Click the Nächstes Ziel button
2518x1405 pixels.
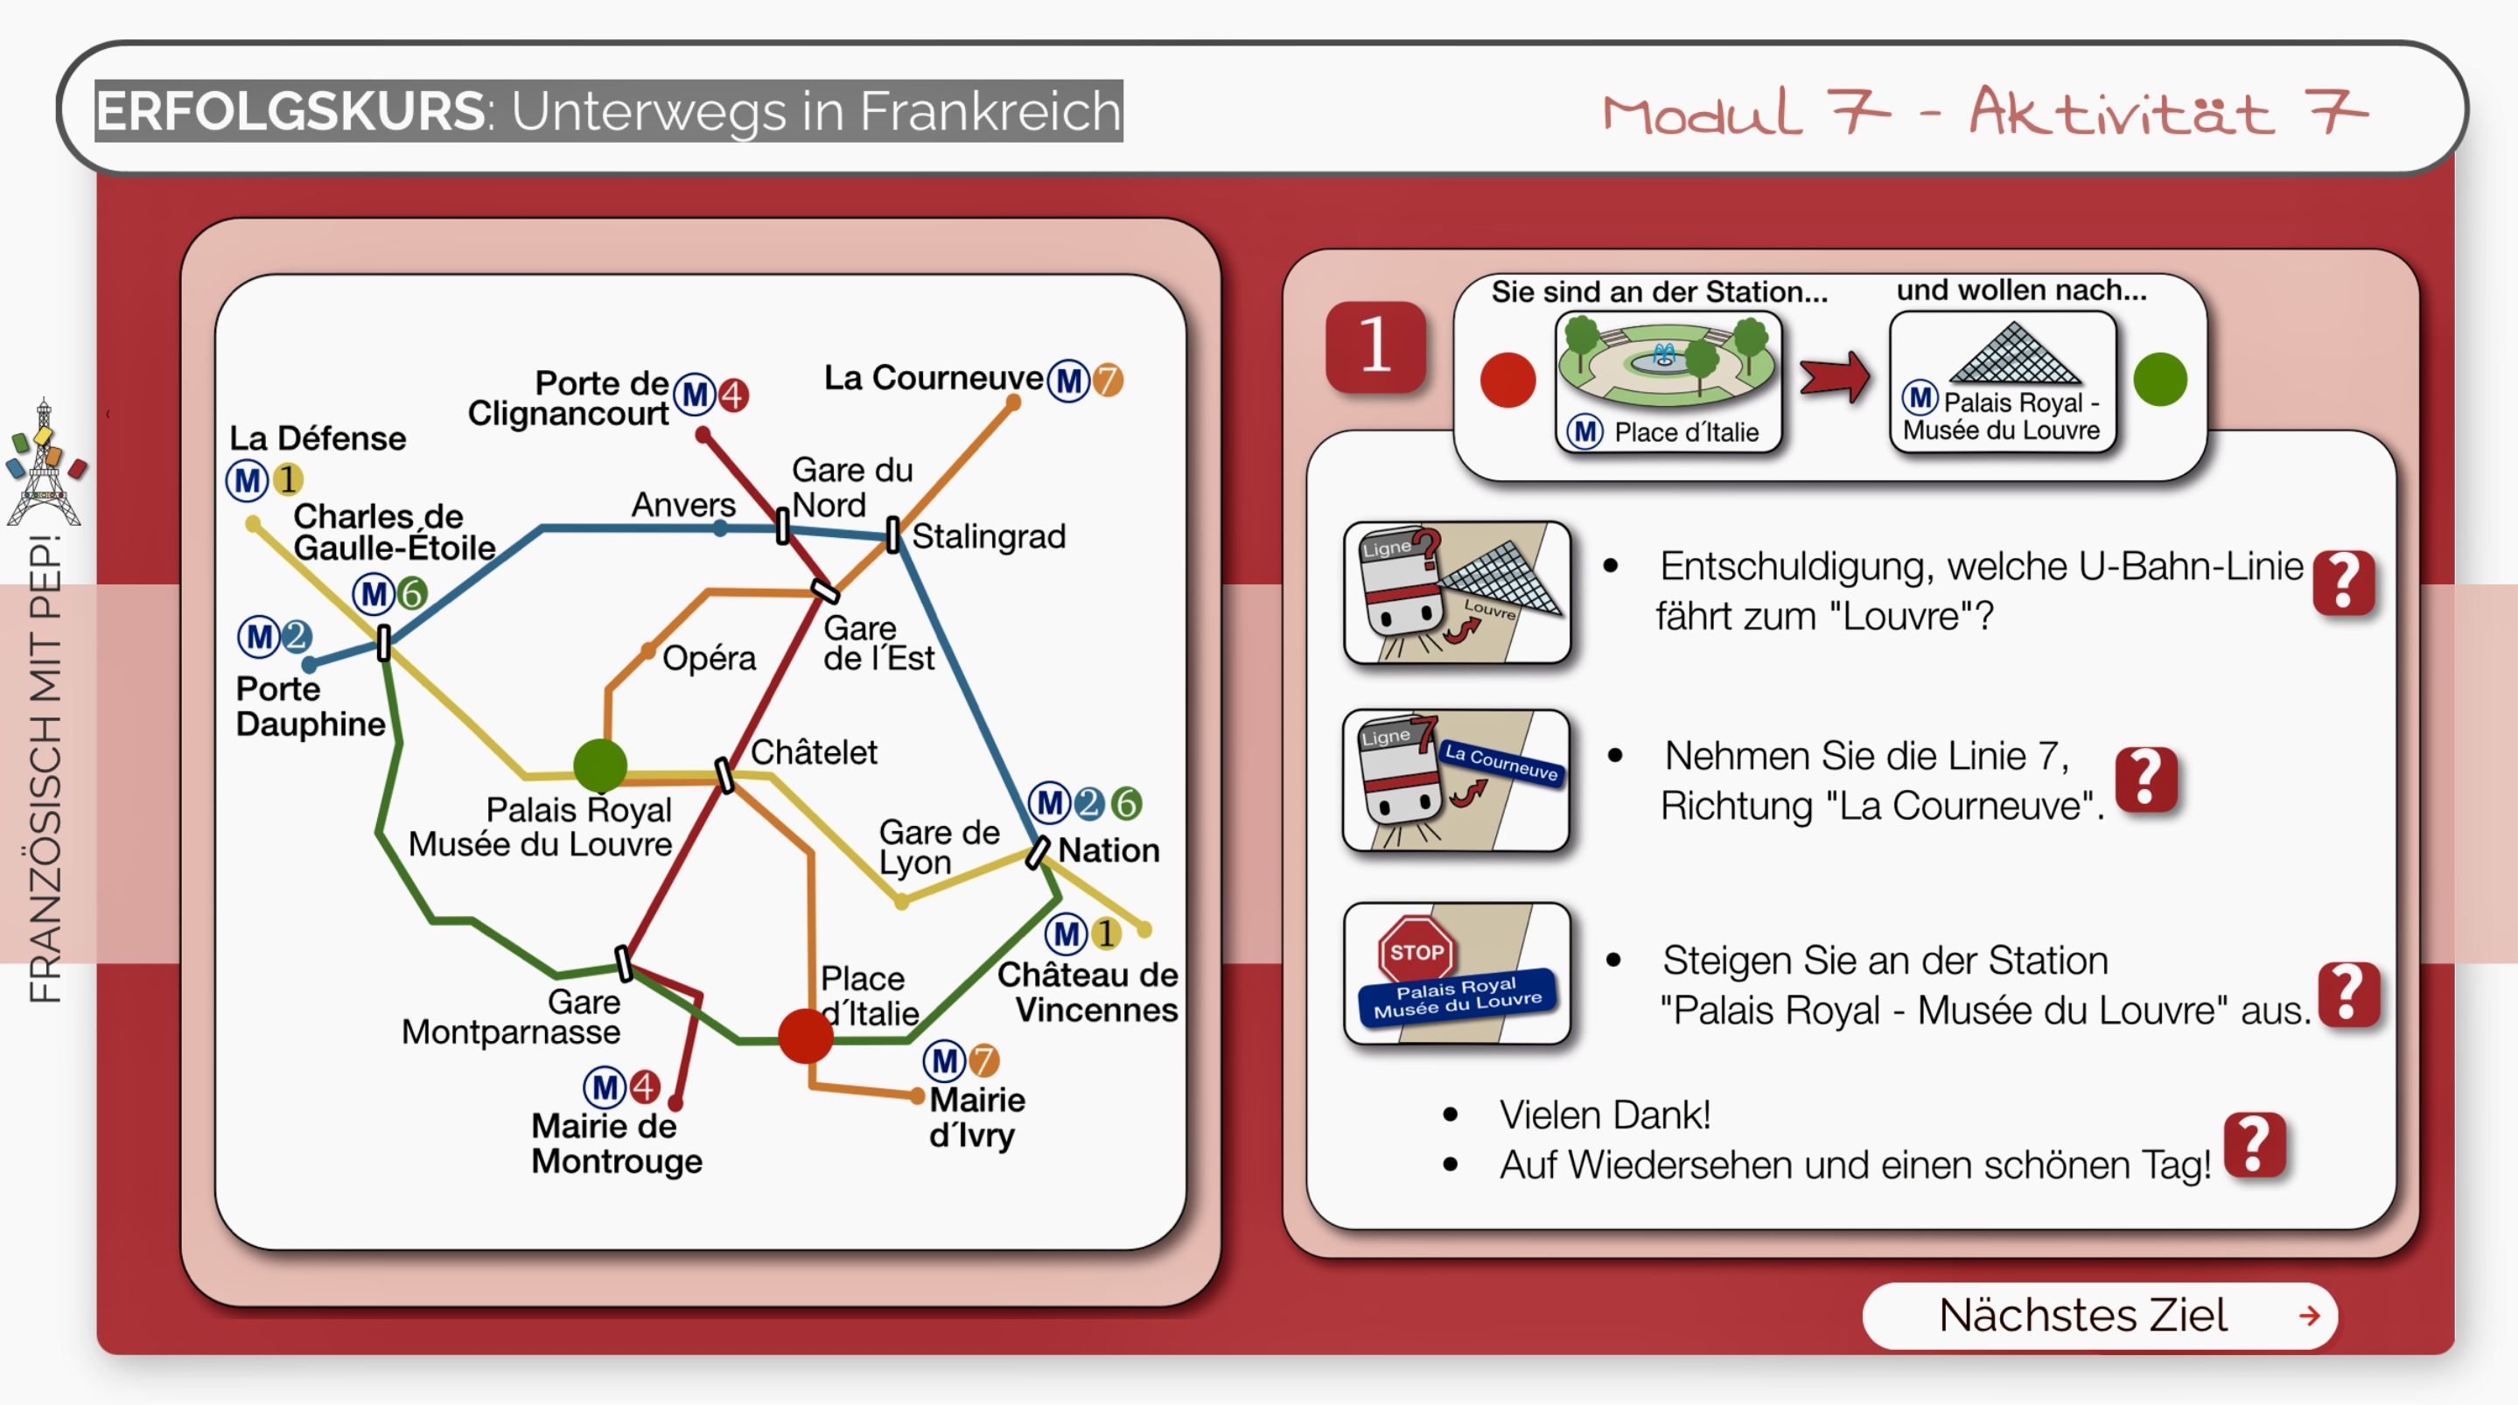point(2099,1315)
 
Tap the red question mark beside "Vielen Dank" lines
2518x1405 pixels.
point(2253,1144)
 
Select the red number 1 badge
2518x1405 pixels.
point(1374,346)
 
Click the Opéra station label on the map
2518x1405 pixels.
point(709,658)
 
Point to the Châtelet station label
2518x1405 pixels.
point(814,751)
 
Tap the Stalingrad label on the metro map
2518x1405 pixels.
point(989,535)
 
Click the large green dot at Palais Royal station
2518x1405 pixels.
point(600,765)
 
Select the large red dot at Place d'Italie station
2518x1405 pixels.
point(806,1037)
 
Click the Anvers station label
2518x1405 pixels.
point(683,505)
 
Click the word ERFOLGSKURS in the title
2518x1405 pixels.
point(290,110)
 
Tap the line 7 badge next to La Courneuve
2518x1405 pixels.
point(1109,381)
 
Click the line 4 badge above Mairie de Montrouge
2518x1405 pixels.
point(644,1087)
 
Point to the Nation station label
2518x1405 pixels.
point(1109,849)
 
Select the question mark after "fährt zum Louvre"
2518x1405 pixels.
point(2343,583)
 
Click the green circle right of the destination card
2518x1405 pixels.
point(2159,380)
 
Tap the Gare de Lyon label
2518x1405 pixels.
point(937,847)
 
